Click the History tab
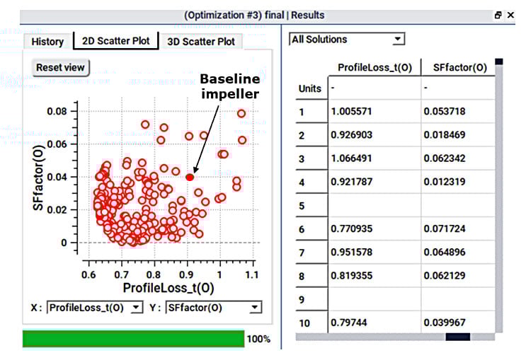(47, 42)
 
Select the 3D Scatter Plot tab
(200, 42)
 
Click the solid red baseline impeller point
(190, 177)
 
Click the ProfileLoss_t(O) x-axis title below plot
(168, 288)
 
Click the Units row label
(310, 89)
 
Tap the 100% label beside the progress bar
(258, 339)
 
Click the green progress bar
(133, 339)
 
